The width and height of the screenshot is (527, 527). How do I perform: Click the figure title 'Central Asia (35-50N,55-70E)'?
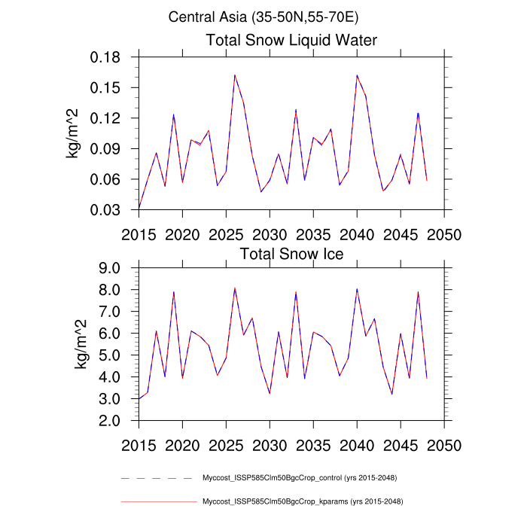coord(263,16)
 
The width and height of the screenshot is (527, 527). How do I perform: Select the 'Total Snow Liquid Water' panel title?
coord(291,40)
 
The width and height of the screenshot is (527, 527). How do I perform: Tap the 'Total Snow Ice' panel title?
coord(291,254)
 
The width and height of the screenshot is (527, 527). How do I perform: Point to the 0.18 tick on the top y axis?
coord(112,57)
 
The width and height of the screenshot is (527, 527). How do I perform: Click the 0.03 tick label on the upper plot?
coord(112,210)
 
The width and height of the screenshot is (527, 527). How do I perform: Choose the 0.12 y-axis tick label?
coord(112,118)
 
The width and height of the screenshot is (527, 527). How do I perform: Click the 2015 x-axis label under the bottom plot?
coord(139,443)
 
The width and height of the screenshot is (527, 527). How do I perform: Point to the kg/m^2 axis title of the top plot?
coord(76,133)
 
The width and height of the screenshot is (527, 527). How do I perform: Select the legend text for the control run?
coord(300,478)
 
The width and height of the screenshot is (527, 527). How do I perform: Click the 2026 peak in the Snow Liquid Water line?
coord(235,75)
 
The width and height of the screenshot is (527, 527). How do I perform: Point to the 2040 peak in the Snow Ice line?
coord(357,289)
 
